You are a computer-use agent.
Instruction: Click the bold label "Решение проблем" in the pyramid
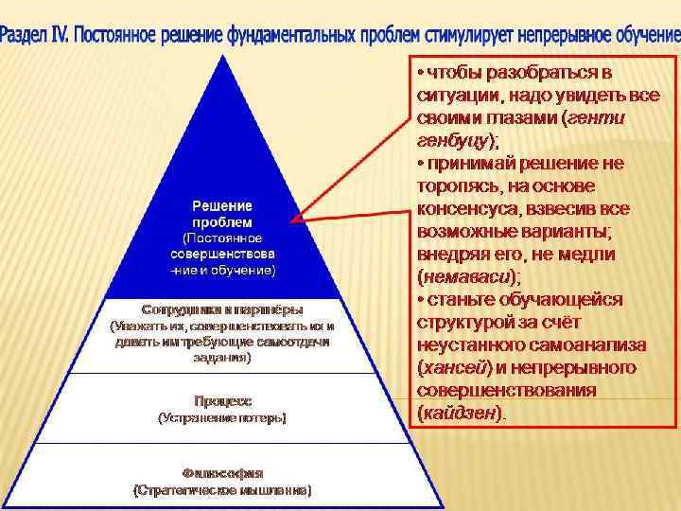223,214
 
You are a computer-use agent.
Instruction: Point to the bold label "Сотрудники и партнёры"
223,309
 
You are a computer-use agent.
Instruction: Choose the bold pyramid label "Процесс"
223,401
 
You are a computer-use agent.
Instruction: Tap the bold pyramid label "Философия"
223,472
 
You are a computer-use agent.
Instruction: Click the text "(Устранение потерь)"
223,417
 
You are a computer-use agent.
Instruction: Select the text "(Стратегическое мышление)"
223,490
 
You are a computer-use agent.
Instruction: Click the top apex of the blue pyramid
223,56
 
